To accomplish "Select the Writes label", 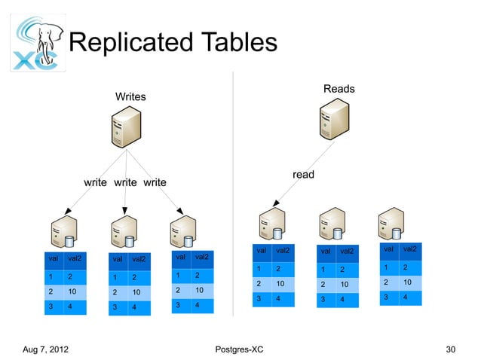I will click(130, 97).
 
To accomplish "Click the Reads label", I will click(339, 90).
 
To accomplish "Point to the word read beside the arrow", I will click(303, 175).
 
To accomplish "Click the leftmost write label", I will click(95, 183).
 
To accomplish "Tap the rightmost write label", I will click(155, 183).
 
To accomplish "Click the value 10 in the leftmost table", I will click(72, 291).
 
